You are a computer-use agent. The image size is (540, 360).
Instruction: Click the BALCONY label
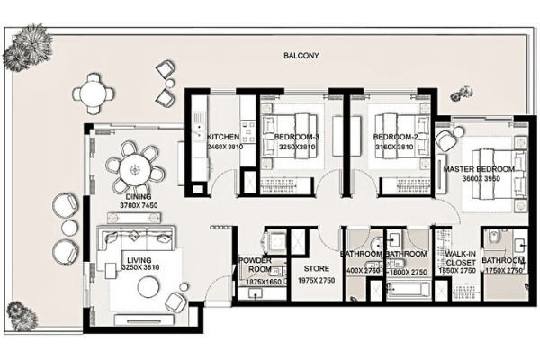click(301, 55)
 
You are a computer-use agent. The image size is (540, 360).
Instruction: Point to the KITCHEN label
click(222, 137)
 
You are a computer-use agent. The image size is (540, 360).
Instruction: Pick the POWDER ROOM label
click(255, 265)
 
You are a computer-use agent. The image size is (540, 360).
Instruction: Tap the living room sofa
click(135, 240)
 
